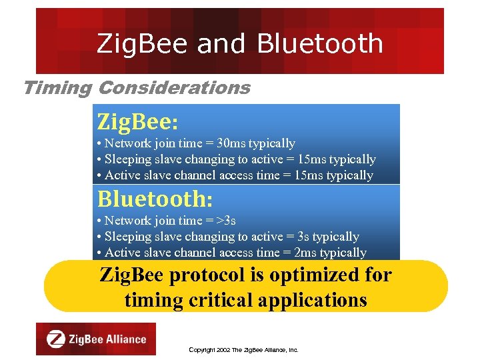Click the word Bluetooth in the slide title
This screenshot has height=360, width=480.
click(x=320, y=44)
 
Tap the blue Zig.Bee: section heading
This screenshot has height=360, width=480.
click(x=137, y=122)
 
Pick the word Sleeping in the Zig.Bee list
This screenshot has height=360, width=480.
click(x=128, y=159)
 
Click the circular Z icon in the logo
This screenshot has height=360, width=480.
click(x=56, y=339)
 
